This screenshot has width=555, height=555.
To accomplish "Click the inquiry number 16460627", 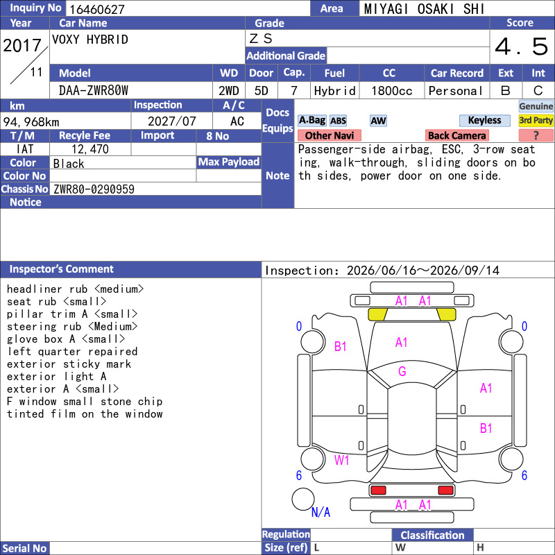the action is click(x=97, y=9).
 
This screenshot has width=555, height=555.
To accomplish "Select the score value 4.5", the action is click(x=521, y=46).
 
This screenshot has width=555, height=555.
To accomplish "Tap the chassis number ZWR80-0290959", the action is click(x=94, y=189).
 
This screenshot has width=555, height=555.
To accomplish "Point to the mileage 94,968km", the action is click(x=31, y=122).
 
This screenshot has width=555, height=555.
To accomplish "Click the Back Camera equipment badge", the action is click(x=456, y=135).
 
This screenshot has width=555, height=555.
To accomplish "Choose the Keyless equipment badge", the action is click(x=484, y=120).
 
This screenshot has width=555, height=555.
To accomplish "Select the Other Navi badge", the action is click(x=329, y=135).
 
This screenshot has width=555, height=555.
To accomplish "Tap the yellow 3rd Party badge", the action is click(x=536, y=120).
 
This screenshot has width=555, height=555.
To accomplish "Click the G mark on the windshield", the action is click(x=402, y=371).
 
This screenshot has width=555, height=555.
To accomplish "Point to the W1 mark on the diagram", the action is click(x=341, y=460).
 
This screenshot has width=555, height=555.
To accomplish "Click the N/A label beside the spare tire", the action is click(x=321, y=512).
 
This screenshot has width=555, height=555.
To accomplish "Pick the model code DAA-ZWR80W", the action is click(x=94, y=91).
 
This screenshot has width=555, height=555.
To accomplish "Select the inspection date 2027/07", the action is click(x=171, y=121).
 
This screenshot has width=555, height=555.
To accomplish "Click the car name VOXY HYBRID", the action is click(x=90, y=40).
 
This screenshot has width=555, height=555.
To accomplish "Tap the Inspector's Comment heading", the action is click(x=61, y=269).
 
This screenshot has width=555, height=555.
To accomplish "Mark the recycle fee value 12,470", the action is click(x=90, y=149).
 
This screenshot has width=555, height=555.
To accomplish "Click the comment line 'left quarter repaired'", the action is click(x=72, y=352).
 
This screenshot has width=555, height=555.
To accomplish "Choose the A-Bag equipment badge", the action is click(x=311, y=120).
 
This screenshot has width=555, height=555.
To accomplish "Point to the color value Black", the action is click(x=69, y=164).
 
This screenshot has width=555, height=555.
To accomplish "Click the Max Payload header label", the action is click(x=229, y=162).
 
